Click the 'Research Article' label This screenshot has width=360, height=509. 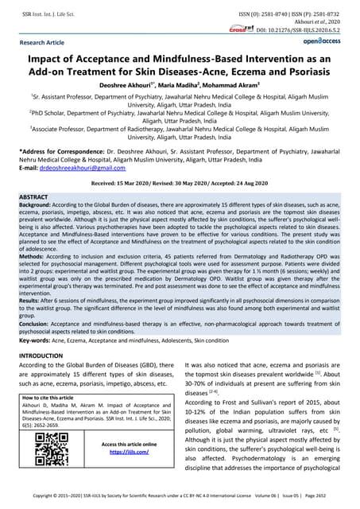44,41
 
